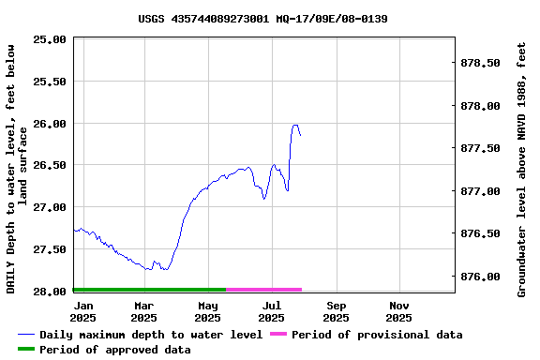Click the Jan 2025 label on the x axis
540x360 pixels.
tap(83, 311)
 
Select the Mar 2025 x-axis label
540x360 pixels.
tap(143, 311)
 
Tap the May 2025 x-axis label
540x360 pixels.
tap(208, 311)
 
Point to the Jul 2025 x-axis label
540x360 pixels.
tap(272, 311)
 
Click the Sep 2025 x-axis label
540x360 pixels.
tap(337, 311)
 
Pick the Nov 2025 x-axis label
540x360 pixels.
tap(399, 311)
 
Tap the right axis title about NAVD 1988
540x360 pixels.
tap(522, 169)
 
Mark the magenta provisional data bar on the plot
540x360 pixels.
tap(263, 290)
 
